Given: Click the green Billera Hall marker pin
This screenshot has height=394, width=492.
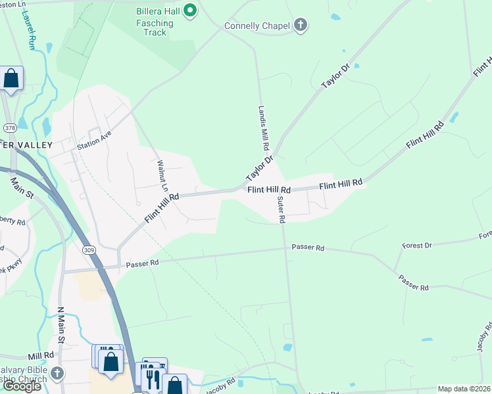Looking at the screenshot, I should [x=191, y=10].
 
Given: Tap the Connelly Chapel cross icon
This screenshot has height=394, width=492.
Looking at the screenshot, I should [x=301, y=26].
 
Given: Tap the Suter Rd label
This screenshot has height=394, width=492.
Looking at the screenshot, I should [x=281, y=210].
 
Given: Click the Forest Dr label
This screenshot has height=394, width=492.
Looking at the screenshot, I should [x=416, y=245].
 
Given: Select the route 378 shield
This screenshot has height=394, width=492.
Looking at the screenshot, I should [x=10, y=127].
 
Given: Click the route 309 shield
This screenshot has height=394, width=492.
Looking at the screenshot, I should [x=89, y=250].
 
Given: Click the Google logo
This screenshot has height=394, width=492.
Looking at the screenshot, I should [x=22, y=386].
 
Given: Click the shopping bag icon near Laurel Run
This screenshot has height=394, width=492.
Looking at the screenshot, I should [x=11, y=79].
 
